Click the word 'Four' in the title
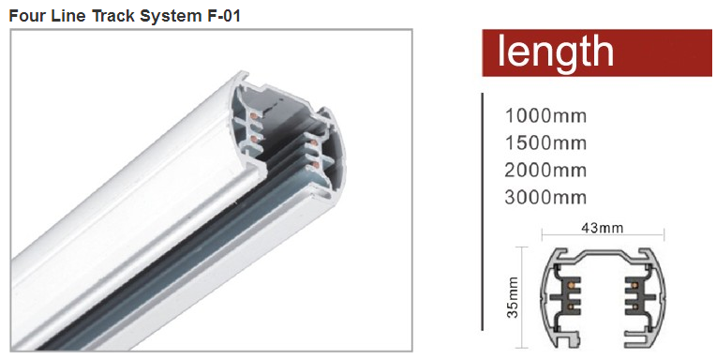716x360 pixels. (24, 16)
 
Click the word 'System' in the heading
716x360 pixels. (169, 17)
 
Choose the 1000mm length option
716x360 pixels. (545, 116)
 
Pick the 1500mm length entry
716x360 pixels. (545, 143)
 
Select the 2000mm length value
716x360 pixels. (545, 170)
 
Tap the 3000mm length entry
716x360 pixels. (545, 198)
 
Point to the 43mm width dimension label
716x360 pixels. (602, 227)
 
